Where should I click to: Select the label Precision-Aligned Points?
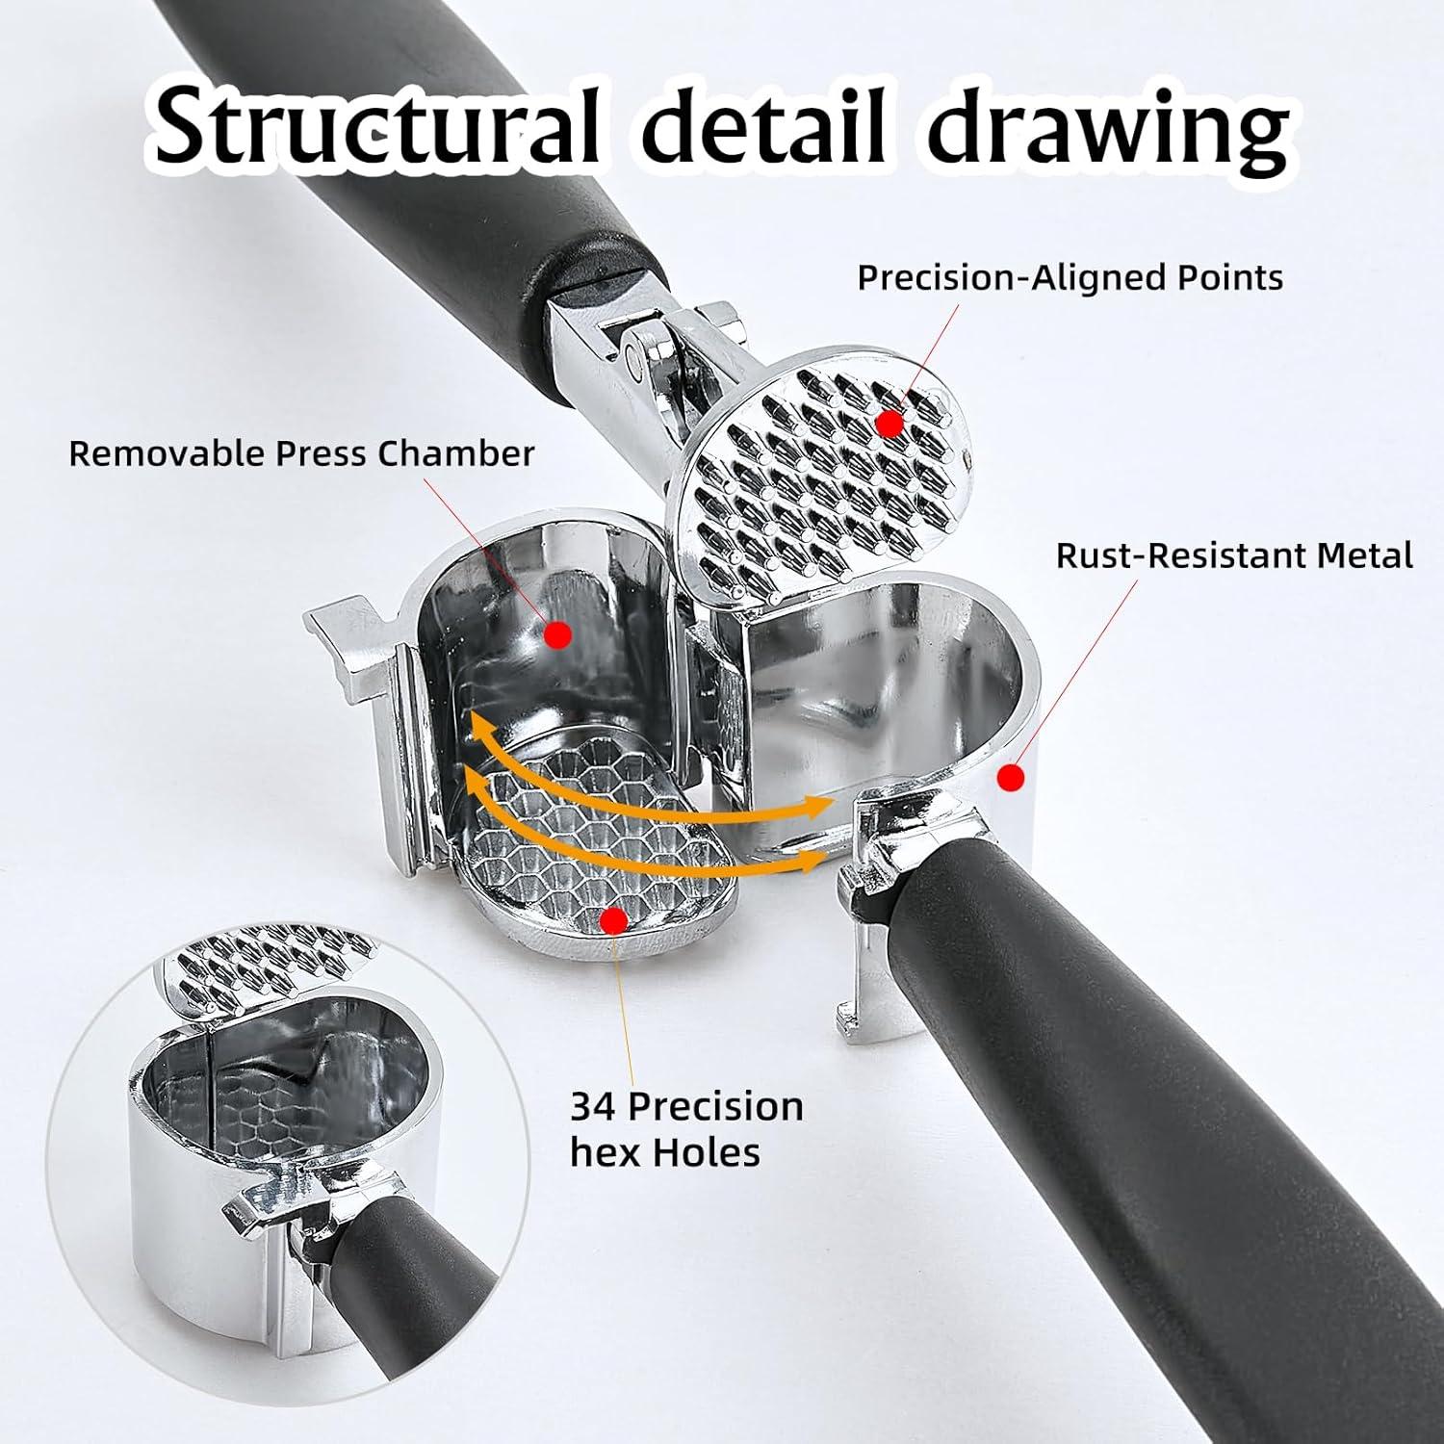point(1070,277)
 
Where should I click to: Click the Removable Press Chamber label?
point(301,452)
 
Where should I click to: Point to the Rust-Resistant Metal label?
point(1234,555)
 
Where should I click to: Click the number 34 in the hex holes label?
point(596,1106)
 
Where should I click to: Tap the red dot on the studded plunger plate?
point(890,423)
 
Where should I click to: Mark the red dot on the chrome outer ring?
point(1009,778)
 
